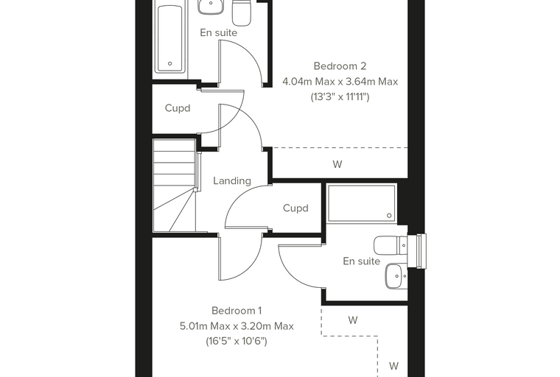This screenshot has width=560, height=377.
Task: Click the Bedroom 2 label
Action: (340, 66)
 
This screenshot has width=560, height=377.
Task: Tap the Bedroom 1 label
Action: (237, 311)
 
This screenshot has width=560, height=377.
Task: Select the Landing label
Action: (232, 180)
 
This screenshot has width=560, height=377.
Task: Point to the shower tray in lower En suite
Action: (362, 203)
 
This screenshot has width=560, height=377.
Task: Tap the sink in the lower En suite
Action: (396, 276)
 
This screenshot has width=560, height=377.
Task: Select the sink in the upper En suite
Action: (211, 7)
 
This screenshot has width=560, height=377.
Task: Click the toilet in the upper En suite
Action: (242, 13)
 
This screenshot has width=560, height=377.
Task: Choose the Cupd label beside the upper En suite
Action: (178, 108)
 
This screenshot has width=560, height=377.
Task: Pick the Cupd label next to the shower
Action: (295, 208)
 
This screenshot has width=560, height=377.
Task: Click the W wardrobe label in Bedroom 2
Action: (337, 164)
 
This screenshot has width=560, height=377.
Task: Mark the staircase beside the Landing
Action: (175, 185)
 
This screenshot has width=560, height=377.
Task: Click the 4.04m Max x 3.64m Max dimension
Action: (340, 82)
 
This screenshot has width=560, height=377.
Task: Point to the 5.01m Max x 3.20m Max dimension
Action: (237, 326)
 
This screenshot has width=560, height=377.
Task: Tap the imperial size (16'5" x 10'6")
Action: (237, 342)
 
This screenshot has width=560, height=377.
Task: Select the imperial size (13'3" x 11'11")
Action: (340, 97)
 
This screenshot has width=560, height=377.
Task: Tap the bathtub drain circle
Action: (170, 63)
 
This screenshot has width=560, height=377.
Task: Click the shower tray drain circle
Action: (389, 215)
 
